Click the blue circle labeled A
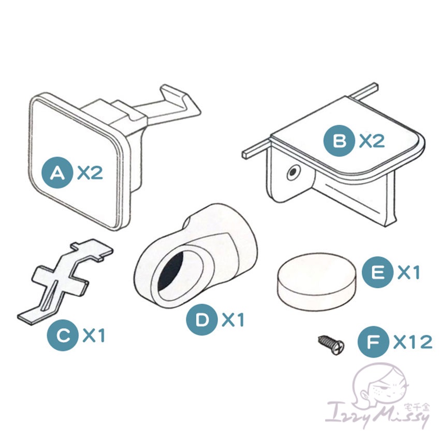point(57,172)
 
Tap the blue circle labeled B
point(339,141)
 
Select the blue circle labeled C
point(63,335)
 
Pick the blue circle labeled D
point(202,319)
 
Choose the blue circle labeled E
point(377,272)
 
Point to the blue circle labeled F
point(374,342)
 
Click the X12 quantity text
point(413,342)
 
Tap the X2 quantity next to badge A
point(90,172)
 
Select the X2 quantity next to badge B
point(372,141)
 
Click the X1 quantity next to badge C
point(94,335)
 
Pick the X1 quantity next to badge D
point(232,319)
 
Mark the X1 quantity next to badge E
point(408,272)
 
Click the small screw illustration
point(331,344)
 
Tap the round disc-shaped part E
point(316,282)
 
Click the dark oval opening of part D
point(172,270)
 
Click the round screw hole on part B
point(293,172)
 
